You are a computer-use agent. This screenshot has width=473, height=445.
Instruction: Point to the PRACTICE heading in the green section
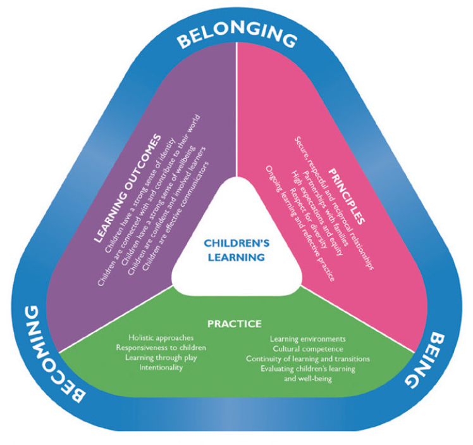235,324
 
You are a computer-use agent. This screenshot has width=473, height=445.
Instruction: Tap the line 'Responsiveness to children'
161,348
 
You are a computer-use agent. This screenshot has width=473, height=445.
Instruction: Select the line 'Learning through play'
161,358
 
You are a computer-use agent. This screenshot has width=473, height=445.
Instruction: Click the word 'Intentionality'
161,367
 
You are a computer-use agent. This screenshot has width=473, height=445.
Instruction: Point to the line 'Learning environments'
307,339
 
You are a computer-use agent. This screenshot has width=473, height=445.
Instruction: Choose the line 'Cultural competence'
307,349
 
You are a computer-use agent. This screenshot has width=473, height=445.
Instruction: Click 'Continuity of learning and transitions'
307,359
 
